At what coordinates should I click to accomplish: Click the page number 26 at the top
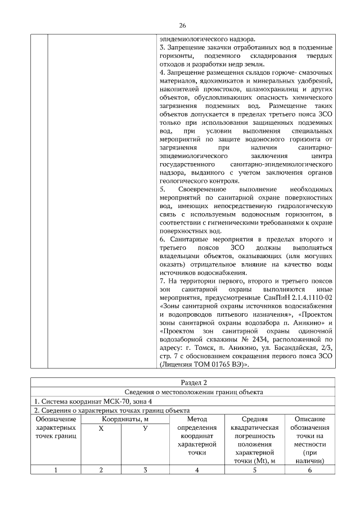pyautogui.click(x=182, y=25)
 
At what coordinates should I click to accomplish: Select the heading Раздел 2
pyautogui.click(x=182, y=382)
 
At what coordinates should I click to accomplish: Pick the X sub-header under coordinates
pyautogui.click(x=101, y=429)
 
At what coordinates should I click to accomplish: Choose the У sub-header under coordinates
pyautogui.click(x=145, y=429)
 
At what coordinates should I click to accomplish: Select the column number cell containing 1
pyautogui.click(x=56, y=471)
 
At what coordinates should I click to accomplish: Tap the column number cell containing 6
pyautogui.click(x=309, y=471)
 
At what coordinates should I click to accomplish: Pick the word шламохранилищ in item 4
pyautogui.click(x=271, y=89)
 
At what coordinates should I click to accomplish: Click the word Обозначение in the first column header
pyautogui.click(x=56, y=420)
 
